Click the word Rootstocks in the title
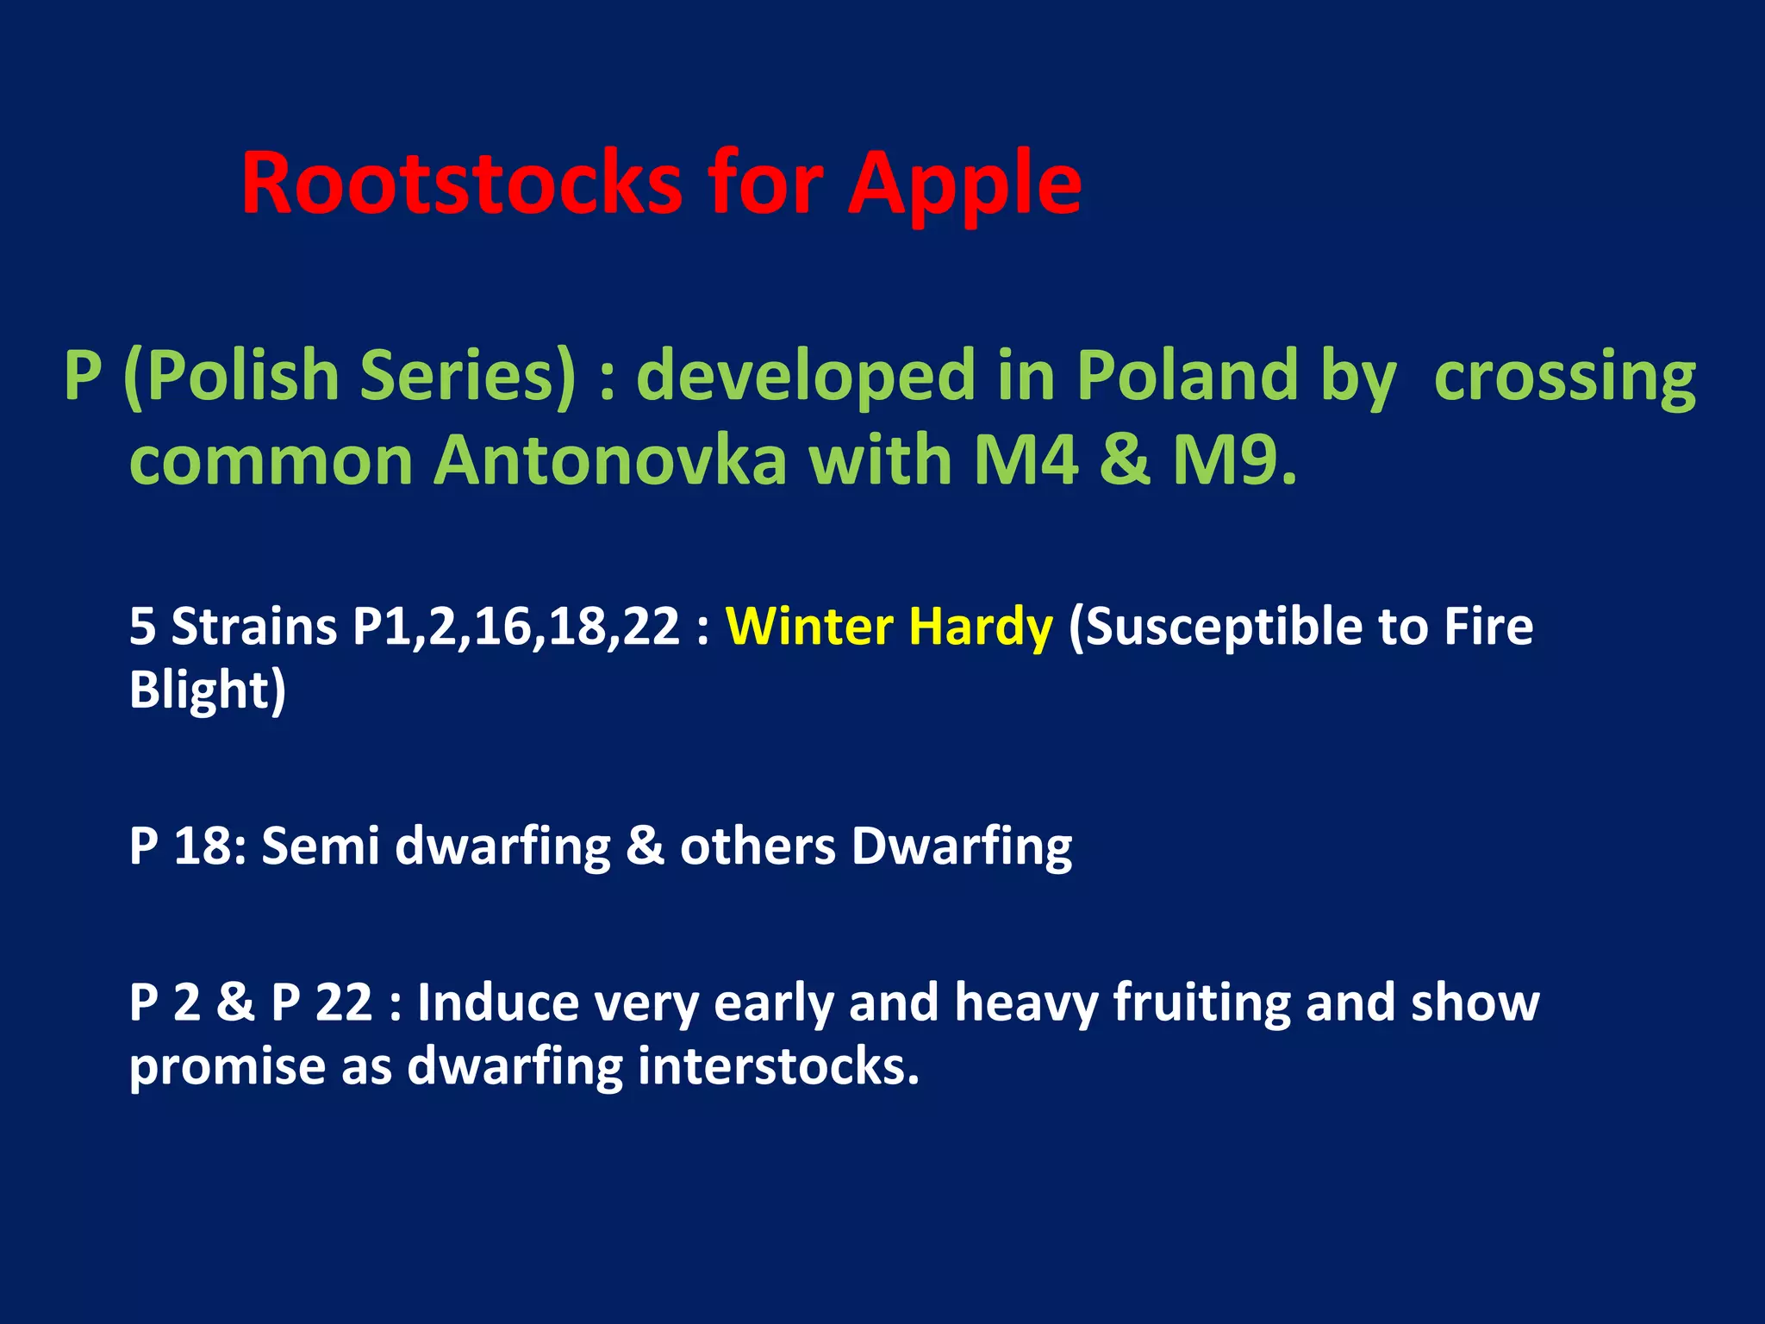[461, 184]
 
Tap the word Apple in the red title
[964, 184]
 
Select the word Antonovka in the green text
[609, 461]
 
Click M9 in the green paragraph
[1232, 461]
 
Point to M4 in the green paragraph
[1026, 461]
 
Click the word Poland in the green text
[1187, 377]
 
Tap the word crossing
[1564, 377]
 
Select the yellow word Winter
[809, 626]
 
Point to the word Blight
[207, 690]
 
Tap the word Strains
[253, 626]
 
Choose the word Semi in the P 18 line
[320, 846]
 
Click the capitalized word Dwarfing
[961, 846]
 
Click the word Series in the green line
[466, 377]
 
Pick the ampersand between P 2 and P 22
[235, 1003]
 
